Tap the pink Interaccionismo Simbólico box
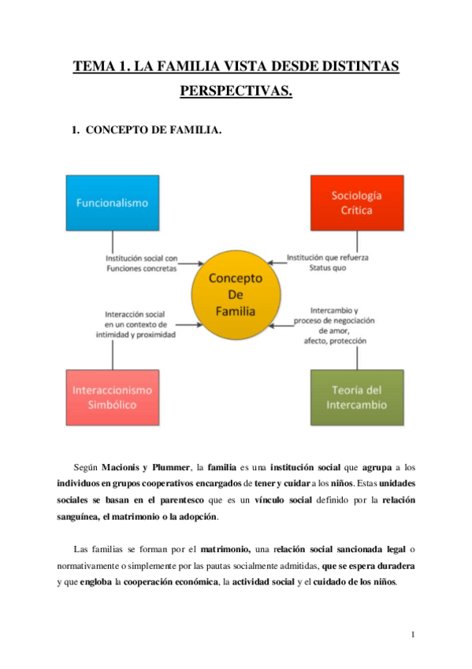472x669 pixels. click(113, 397)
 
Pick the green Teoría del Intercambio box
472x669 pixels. click(356, 398)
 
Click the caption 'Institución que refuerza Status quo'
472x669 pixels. click(327, 263)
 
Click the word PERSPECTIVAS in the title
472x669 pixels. click(236, 92)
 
